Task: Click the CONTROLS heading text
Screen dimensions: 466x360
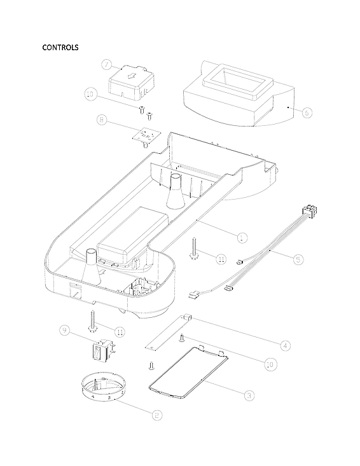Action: click(60, 48)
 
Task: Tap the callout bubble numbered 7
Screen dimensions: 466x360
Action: click(107, 64)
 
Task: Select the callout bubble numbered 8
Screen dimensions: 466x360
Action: click(102, 119)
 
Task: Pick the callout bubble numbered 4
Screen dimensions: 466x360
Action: click(286, 345)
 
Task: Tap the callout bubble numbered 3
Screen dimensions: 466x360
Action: click(249, 394)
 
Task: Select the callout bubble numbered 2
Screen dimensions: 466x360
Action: click(156, 414)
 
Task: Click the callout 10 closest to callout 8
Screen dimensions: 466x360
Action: click(91, 94)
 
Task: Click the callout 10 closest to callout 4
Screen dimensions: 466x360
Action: click(269, 364)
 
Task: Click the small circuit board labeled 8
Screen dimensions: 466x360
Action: click(146, 135)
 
